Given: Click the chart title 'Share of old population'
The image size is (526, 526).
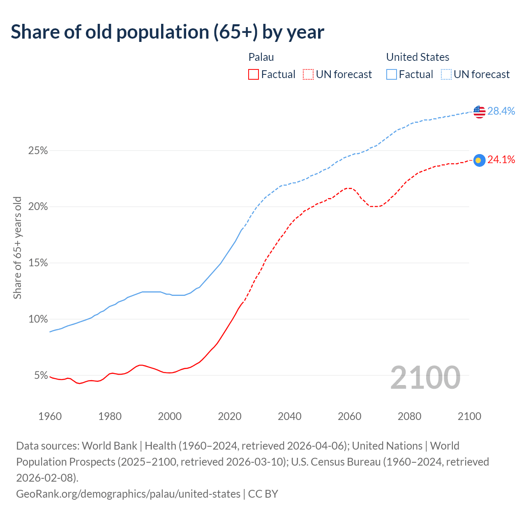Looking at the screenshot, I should coord(167,32).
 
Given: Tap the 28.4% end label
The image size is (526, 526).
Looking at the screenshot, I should coord(501,111).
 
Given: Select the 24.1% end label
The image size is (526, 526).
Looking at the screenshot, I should coord(501,160).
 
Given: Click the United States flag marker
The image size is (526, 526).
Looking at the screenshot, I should coord(479,111).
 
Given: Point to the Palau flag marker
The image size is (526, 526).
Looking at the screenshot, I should coord(479,160).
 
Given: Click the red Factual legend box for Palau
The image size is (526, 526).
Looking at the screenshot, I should coord(254,74).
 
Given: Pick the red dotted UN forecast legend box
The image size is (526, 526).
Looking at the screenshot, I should coord(308,74).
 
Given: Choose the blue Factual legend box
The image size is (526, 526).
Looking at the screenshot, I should coord(392,74).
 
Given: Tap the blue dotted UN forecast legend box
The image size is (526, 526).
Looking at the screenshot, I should coord(446,74).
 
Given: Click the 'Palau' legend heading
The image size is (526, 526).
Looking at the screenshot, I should coord(261,57).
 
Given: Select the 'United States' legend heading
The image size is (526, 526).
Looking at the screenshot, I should coord(418,57).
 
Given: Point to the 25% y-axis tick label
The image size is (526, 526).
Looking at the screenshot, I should coord(38,151).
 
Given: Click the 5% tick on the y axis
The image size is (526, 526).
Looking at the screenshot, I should coord(40,376).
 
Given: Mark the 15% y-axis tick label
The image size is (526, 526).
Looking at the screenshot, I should coord(38,263).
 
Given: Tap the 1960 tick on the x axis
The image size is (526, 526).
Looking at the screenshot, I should coord(50,416).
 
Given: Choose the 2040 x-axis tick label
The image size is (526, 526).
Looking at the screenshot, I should coord(290,416).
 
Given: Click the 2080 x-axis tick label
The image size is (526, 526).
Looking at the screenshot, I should coord(410,416).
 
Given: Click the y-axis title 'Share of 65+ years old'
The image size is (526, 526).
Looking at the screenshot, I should coord(17,248).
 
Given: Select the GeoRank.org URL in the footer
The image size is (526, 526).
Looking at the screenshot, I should coord(128,494).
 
